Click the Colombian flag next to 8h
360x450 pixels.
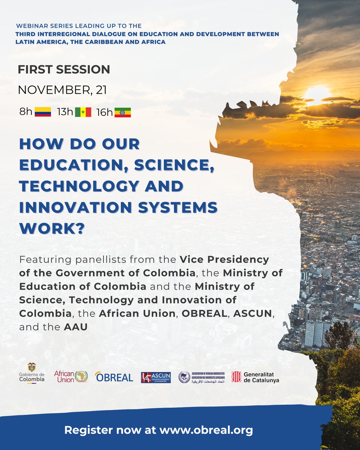[x=43, y=112]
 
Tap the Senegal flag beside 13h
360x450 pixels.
[x=83, y=112]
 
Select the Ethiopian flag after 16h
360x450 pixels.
[x=123, y=112]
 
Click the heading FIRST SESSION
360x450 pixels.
[x=64, y=69]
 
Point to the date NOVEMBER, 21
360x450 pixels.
[x=62, y=90]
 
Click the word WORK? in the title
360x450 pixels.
[x=51, y=228]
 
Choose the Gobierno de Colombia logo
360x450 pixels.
[x=32, y=373]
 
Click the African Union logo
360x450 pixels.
[x=71, y=376]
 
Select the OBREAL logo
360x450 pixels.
[x=114, y=377]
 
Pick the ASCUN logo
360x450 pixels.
[x=156, y=377]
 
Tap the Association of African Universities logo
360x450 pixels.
[x=201, y=377]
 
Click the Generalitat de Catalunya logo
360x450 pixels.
[x=255, y=377]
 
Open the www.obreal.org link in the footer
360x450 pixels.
[x=206, y=430]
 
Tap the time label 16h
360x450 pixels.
[x=104, y=112]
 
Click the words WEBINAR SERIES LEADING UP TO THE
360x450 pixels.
[x=79, y=26]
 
